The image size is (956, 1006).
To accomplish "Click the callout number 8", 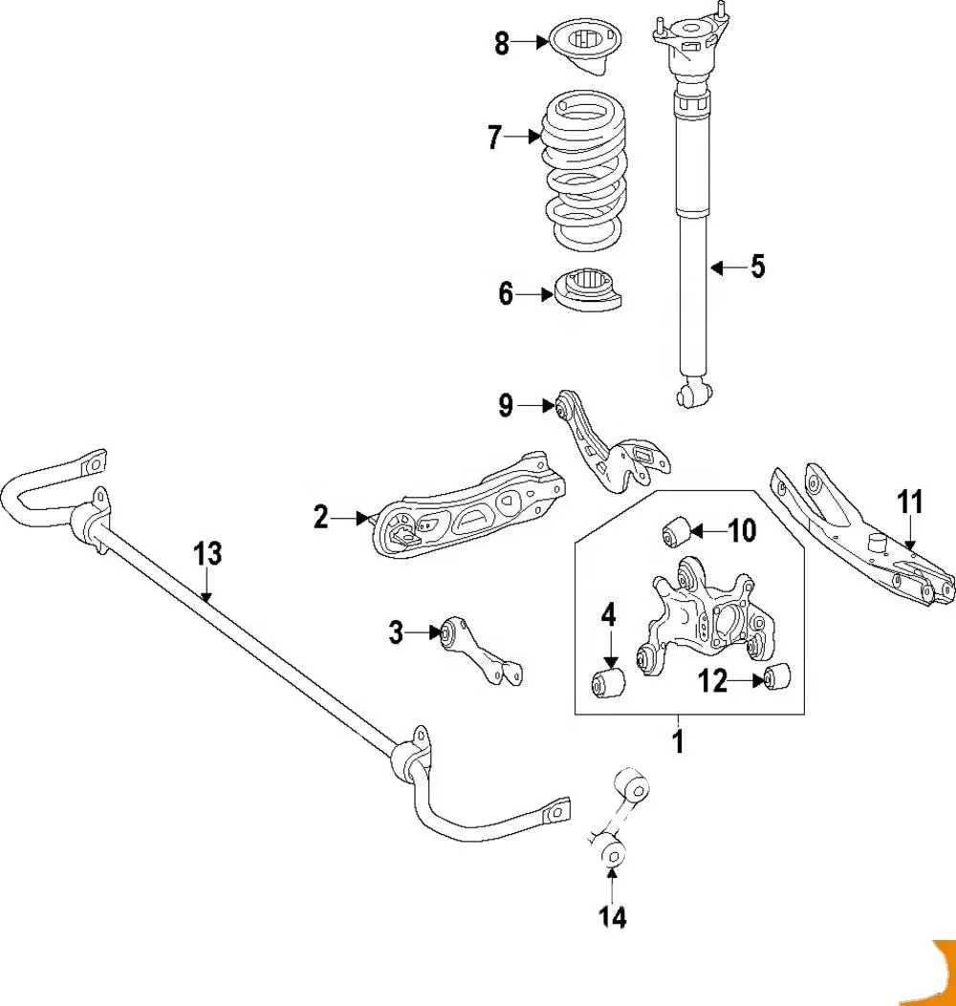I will click(x=502, y=44).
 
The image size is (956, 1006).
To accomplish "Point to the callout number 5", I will click(x=757, y=267).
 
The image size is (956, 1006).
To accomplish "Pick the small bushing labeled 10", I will click(x=677, y=531).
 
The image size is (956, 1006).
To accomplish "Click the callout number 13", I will click(x=207, y=553).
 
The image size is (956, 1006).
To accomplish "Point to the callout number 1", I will click(x=678, y=740).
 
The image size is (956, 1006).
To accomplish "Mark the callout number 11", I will click(x=911, y=501).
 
